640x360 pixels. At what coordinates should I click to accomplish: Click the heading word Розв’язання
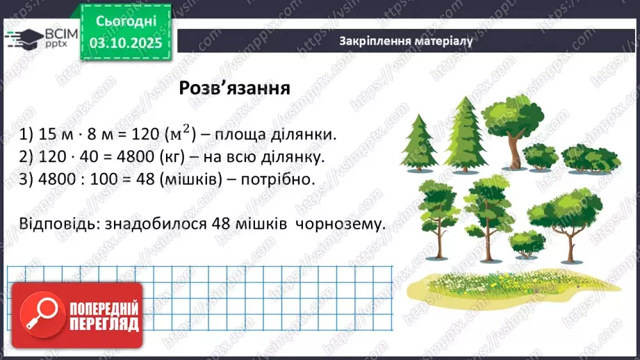(234, 88)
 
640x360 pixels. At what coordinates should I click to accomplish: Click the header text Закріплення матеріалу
(407, 40)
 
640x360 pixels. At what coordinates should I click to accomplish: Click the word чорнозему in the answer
(340, 224)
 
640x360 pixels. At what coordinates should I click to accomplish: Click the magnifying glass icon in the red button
(41, 312)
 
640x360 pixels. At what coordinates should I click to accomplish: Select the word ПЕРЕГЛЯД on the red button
(104, 323)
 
